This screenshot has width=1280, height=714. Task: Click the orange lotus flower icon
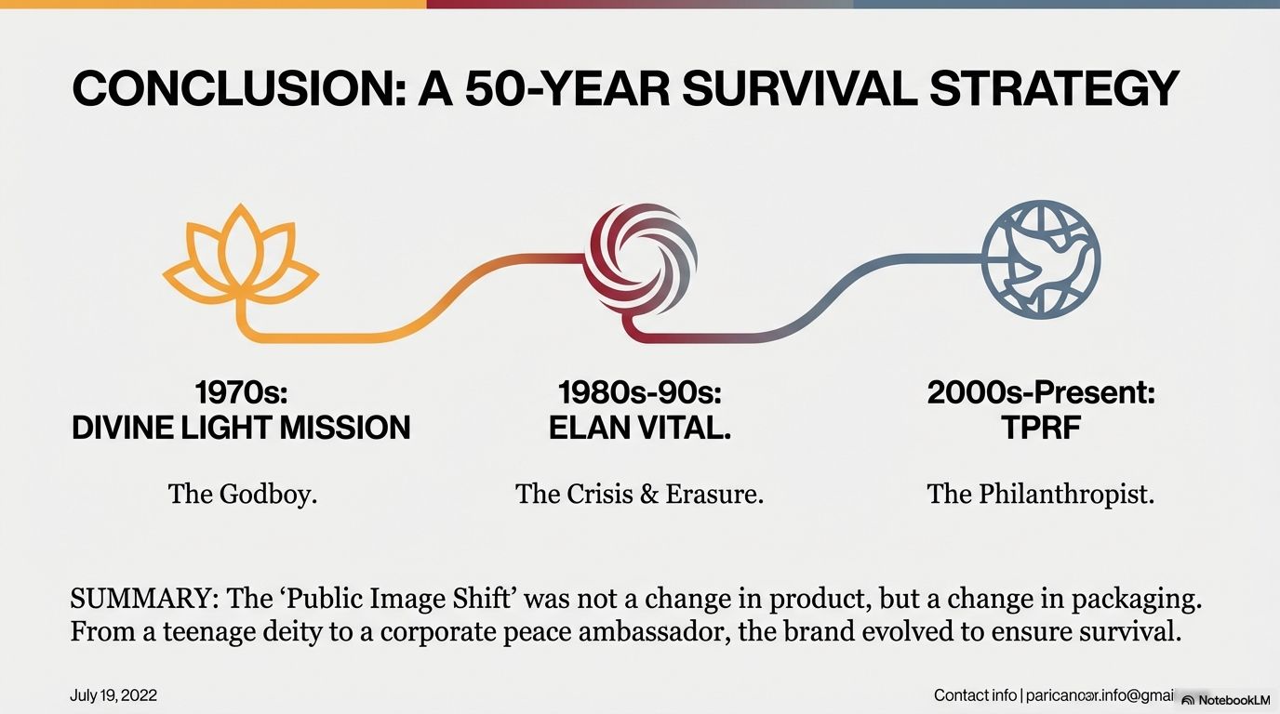[x=240, y=257]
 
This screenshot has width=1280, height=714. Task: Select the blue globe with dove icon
[x=1041, y=258]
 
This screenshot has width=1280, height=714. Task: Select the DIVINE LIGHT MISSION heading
[x=241, y=428]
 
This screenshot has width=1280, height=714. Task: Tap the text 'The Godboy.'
[x=243, y=494]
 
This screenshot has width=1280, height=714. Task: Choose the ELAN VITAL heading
[x=639, y=428]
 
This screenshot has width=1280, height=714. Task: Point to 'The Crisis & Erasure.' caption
[x=639, y=494]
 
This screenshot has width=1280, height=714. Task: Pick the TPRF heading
[x=1041, y=428]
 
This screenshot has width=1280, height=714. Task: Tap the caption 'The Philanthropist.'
[x=1041, y=494]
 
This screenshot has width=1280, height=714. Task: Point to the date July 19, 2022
[x=113, y=695]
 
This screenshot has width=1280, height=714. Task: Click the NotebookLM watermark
[x=1229, y=700]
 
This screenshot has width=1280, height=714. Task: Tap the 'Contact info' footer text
[x=975, y=695]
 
